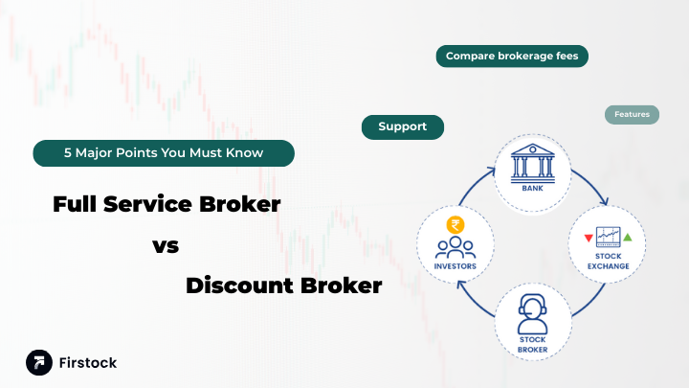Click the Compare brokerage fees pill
point(512,57)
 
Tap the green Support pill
point(402,126)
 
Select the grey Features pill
point(632,114)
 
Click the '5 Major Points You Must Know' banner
point(164,152)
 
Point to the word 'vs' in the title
point(166,245)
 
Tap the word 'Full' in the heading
point(78,203)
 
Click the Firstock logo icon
point(39,362)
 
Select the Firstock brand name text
point(87,363)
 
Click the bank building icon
point(532,163)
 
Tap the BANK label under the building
point(532,189)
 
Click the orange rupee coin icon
point(455,226)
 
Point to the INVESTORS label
point(455,267)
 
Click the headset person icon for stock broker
point(532,311)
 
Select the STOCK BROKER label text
point(532,343)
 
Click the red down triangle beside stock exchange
point(588,238)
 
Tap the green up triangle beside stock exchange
point(628,237)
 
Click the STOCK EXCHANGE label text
point(609,261)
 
